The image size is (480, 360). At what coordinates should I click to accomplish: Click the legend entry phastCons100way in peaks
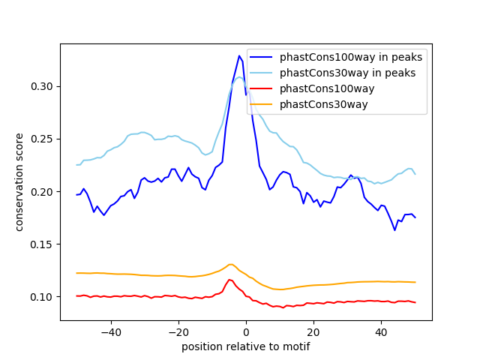(351, 57)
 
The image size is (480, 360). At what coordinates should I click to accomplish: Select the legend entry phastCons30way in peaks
(348, 73)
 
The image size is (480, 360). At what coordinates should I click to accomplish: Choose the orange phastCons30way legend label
(324, 104)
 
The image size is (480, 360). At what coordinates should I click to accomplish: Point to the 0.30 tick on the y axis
(43, 87)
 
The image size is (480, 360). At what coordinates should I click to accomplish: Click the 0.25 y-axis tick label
(43, 139)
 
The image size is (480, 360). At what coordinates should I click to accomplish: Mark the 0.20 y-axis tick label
(43, 192)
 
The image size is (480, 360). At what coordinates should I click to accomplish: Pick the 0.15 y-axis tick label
(43, 244)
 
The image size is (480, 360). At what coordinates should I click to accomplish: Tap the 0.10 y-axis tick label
(43, 297)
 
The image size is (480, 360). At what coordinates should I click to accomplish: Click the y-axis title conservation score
(20, 181)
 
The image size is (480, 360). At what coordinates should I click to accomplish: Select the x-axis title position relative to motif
(246, 346)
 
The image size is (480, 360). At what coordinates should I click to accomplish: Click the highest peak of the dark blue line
(239, 55)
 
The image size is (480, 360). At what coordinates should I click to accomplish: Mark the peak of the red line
(229, 280)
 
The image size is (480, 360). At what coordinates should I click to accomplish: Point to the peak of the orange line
(232, 264)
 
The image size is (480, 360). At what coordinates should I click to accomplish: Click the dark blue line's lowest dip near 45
(394, 229)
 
